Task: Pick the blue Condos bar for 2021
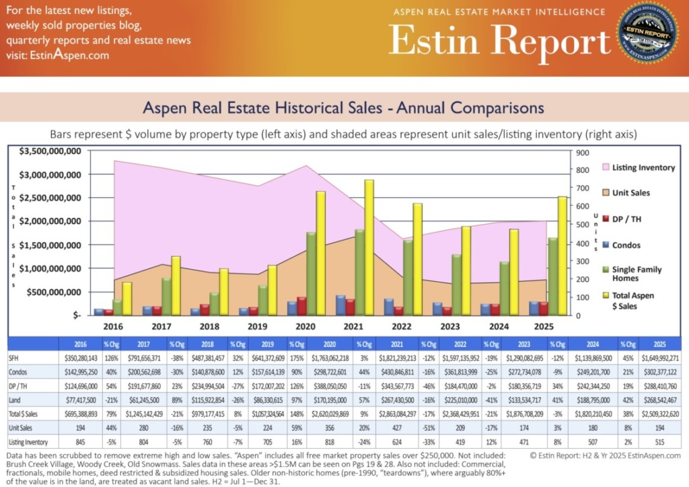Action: pos(341,305)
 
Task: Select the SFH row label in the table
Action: pos(13,357)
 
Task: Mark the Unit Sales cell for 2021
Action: pos(392,427)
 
